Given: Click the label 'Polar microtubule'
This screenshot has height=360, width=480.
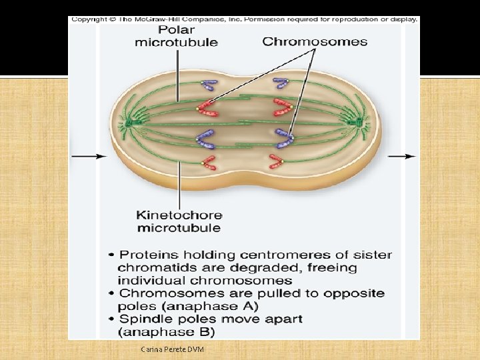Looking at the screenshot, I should pyautogui.click(x=177, y=36).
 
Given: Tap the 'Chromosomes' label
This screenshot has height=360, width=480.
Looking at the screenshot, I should pyautogui.click(x=315, y=41).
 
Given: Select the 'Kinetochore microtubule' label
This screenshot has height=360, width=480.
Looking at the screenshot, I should pyautogui.click(x=179, y=221).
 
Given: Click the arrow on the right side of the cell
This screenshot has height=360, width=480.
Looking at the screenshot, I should pyautogui.click(x=401, y=157).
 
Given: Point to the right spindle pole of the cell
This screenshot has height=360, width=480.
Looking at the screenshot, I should pyautogui.click(x=360, y=123).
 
